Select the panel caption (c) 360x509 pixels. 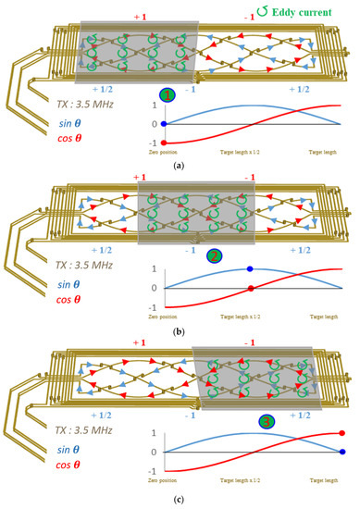click(180, 500)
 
